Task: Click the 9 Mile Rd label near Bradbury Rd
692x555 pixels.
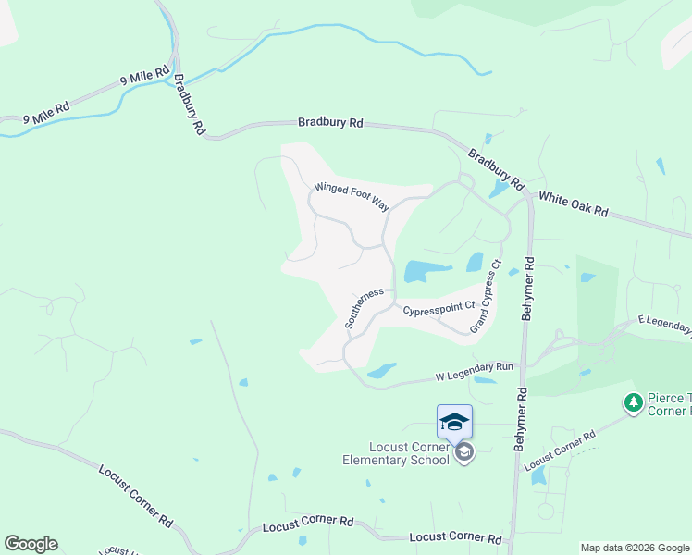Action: (145, 77)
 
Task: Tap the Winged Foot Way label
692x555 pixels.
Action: (352, 196)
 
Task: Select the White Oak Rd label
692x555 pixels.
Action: (573, 204)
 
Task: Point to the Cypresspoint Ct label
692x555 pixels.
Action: (438, 305)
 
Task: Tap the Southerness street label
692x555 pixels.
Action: (364, 308)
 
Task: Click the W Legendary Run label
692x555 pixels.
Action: (474, 373)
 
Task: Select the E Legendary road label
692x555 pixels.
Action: (663, 325)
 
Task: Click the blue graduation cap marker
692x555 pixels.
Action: (454, 422)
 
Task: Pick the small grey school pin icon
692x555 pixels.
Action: (464, 452)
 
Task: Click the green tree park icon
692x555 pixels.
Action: (633, 402)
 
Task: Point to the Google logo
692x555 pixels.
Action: (31, 544)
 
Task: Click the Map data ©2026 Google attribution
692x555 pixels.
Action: (634, 548)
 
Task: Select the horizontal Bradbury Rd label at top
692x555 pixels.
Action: (330, 122)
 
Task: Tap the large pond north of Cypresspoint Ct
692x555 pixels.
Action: (426, 271)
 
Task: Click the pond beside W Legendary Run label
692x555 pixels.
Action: (382, 371)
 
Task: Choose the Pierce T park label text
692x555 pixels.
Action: (668, 403)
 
